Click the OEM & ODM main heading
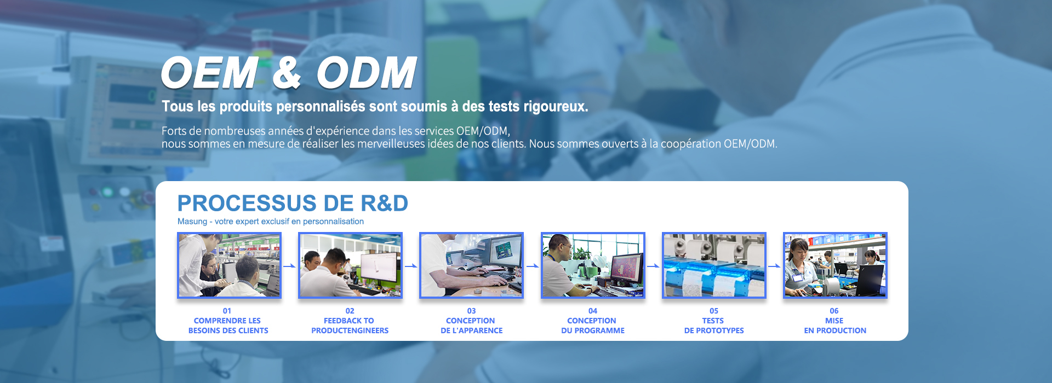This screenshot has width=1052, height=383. pyautogui.click(x=289, y=72)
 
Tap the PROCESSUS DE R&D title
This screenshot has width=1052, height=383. pyautogui.click(x=293, y=203)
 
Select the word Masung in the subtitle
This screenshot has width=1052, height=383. pyautogui.click(x=192, y=222)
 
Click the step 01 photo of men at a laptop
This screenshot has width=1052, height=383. pyautogui.click(x=229, y=265)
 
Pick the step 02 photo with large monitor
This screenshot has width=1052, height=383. pyautogui.click(x=350, y=265)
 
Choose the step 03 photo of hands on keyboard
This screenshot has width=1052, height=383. pyautogui.click(x=471, y=265)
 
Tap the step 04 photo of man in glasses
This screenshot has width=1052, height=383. pyautogui.click(x=593, y=265)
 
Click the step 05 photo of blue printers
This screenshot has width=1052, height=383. pyautogui.click(x=714, y=265)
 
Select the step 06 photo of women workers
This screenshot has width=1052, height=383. pyautogui.click(x=835, y=265)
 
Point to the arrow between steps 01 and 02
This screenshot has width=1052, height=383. pyautogui.click(x=290, y=266)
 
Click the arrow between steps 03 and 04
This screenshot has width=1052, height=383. pyautogui.click(x=533, y=266)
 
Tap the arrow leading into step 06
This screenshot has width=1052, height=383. pyautogui.click(x=775, y=266)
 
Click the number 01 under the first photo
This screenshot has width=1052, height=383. pyautogui.click(x=227, y=311)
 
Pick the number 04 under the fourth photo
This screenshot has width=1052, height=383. pyautogui.click(x=593, y=311)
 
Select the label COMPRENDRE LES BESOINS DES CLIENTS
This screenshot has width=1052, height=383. pyautogui.click(x=228, y=326)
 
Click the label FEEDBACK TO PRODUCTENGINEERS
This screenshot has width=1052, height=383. pyautogui.click(x=350, y=326)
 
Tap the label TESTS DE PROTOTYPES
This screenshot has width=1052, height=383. pyautogui.click(x=714, y=326)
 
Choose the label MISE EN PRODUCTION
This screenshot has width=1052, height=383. pyautogui.click(x=835, y=326)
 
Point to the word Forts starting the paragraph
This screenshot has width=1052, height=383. pyautogui.click(x=174, y=131)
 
